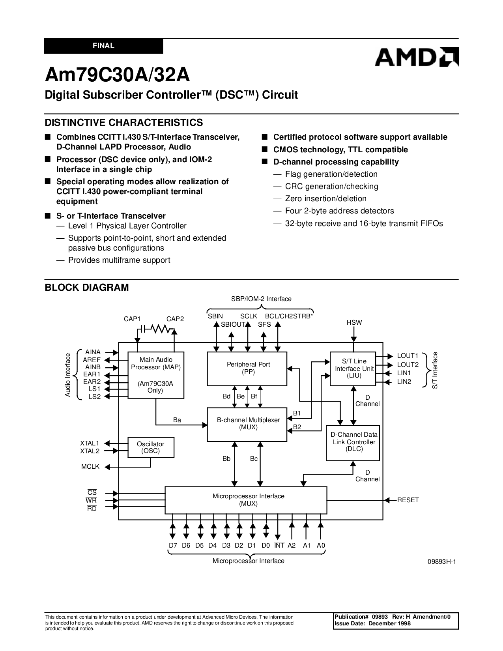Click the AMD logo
[x=417, y=57]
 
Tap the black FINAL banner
[x=103, y=46]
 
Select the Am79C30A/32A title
[x=117, y=75]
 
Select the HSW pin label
[x=354, y=323]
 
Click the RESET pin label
[x=408, y=500]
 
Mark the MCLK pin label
[x=90, y=466]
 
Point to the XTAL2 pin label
[x=90, y=451]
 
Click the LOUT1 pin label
[x=408, y=355]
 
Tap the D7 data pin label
[x=173, y=545]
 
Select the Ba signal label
[x=177, y=420]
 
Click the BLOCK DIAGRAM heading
[x=87, y=287]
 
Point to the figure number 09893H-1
[x=441, y=562]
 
